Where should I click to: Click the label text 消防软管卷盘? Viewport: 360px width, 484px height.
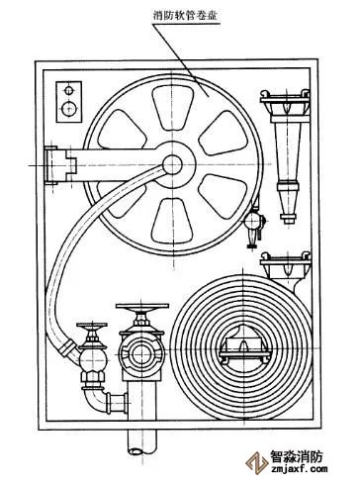(185, 15)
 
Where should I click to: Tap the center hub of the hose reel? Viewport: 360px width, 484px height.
(172, 164)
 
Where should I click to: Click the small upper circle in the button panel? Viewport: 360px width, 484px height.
(69, 90)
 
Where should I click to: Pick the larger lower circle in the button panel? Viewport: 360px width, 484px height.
(69, 108)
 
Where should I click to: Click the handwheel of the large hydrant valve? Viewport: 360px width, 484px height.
(142, 308)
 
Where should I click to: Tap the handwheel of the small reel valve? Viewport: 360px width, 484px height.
(92, 326)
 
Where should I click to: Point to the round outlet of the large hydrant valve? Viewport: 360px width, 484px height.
(141, 354)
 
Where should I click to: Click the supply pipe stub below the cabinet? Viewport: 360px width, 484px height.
(142, 441)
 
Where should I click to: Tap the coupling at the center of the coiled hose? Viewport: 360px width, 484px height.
(244, 346)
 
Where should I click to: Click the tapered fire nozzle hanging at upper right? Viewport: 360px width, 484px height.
(288, 155)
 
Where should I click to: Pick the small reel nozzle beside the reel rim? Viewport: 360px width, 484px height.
(254, 224)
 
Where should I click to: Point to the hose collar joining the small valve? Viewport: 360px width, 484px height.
(67, 347)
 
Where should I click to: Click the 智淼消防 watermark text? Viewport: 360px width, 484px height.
(296, 456)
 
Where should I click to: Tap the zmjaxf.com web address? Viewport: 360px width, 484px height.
(299, 468)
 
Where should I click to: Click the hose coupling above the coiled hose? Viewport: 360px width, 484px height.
(286, 269)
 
